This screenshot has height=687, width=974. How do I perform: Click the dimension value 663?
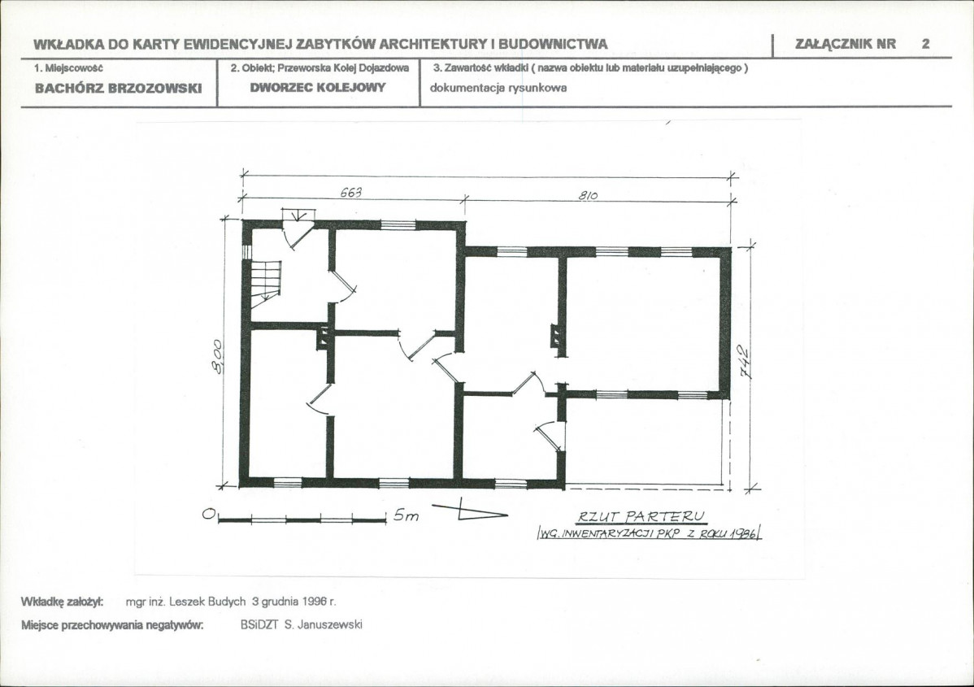(351, 193)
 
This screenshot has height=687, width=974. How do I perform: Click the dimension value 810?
(588, 196)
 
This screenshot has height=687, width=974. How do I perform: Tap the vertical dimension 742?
(744, 362)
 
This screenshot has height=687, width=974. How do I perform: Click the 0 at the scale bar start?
(209, 515)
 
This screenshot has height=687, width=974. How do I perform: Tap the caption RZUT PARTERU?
(641, 516)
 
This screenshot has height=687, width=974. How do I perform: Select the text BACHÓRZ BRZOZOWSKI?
(118, 88)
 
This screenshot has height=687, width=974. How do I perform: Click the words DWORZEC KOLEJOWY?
(318, 87)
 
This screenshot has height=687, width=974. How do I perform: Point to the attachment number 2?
(925, 43)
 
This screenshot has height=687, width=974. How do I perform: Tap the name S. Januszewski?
(323, 625)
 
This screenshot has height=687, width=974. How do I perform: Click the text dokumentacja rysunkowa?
(498, 88)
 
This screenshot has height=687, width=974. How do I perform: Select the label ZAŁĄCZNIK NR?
(846, 44)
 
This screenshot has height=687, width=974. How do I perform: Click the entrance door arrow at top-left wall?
(299, 215)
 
